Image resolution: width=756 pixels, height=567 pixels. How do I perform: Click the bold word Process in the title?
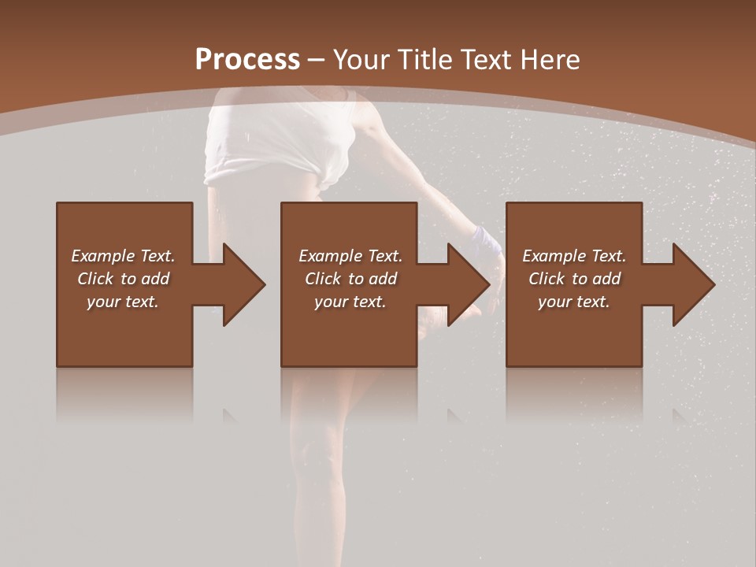(x=247, y=60)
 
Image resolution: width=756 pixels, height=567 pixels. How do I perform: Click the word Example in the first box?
(x=102, y=256)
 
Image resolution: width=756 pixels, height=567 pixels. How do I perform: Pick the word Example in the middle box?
(x=330, y=256)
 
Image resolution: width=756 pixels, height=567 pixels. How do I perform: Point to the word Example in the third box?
(x=554, y=256)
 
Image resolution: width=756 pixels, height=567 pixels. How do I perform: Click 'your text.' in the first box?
(x=123, y=302)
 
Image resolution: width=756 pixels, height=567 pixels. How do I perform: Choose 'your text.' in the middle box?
(x=350, y=302)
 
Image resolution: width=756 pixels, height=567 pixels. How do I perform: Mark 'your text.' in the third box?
(x=574, y=302)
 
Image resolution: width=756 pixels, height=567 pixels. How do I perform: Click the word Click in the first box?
(x=96, y=279)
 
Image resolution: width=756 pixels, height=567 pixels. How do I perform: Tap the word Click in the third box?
(x=547, y=279)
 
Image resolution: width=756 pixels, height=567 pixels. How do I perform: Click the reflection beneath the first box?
(x=124, y=394)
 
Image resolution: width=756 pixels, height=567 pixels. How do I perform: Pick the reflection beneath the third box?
(x=574, y=394)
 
